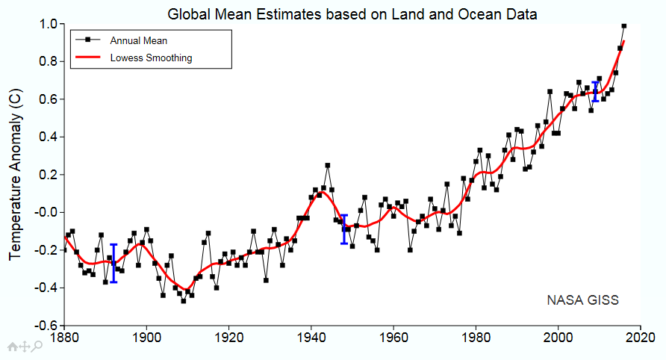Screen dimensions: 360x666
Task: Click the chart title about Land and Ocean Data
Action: coord(352,13)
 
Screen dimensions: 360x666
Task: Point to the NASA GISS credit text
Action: coord(583,300)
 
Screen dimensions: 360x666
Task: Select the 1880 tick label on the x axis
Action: coord(64,338)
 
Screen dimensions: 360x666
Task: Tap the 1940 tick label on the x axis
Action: coord(312,338)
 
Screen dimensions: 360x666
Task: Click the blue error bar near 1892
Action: coord(113,263)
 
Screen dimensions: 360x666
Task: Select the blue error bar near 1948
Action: coord(344,229)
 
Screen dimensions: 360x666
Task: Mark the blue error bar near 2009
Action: coord(596,91)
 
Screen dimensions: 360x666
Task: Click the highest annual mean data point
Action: coord(624,25)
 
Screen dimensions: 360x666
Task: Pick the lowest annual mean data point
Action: coord(184,301)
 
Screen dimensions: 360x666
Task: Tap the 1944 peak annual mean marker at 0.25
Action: coord(327,165)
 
